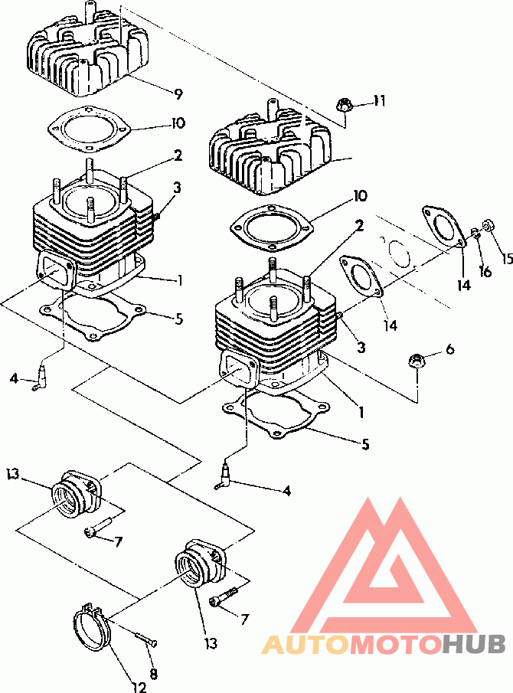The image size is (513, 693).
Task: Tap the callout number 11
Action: click(x=379, y=101)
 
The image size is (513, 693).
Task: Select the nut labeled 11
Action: click(x=343, y=106)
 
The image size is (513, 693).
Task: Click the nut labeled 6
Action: click(x=415, y=360)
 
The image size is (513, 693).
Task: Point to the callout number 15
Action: click(x=508, y=257)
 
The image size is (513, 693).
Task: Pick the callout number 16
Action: click(x=485, y=271)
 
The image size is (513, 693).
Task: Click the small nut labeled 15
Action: click(x=488, y=225)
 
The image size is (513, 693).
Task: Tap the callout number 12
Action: click(x=139, y=686)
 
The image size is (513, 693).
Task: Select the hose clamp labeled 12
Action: click(x=90, y=631)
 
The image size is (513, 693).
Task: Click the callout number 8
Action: click(x=153, y=673)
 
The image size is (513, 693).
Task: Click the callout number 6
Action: click(x=449, y=349)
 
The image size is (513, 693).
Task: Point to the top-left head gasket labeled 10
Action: click(x=90, y=127)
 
